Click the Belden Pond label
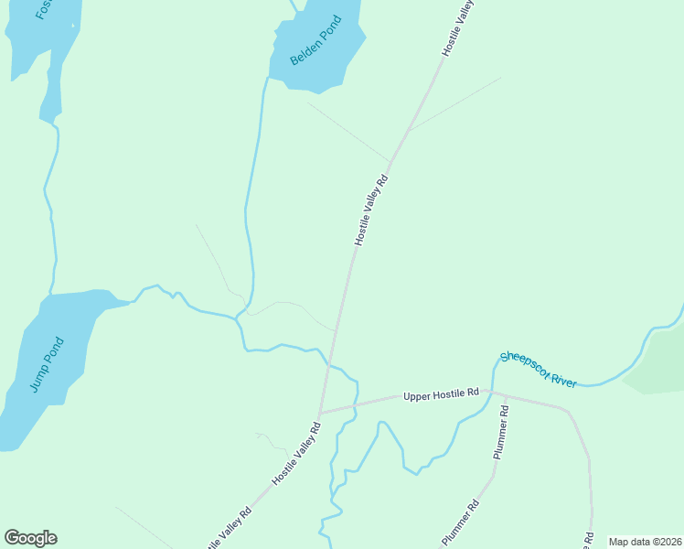tap(315, 40)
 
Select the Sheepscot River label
tap(539, 369)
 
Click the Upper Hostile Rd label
tap(441, 393)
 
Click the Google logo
tap(30, 538)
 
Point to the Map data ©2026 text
tap(644, 542)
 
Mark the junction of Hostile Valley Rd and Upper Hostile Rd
tap(319, 413)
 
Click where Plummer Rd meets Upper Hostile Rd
tap(504, 395)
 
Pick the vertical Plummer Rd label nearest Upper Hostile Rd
tap(499, 433)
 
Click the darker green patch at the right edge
tap(660, 365)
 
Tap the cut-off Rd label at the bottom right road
tap(590, 539)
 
